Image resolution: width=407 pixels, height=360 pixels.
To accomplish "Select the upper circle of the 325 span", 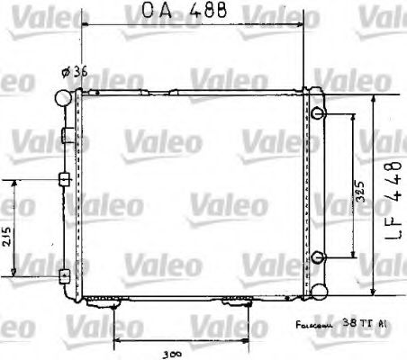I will click(x=319, y=113).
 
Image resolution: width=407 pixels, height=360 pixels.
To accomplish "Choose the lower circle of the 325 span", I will click(x=319, y=257).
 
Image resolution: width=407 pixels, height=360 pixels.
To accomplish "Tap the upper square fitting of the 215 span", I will click(x=63, y=178).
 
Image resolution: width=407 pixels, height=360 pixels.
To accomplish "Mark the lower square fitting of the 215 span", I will click(x=63, y=274).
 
